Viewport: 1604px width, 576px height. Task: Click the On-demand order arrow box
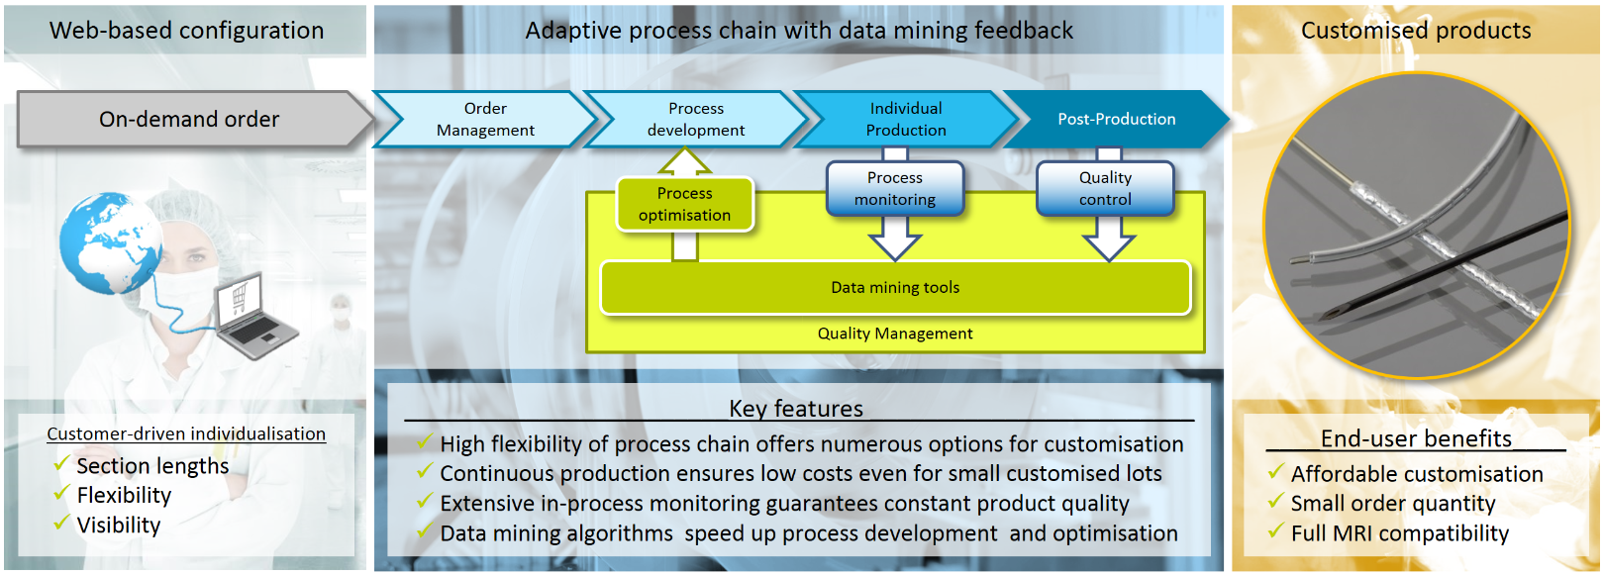[189, 120]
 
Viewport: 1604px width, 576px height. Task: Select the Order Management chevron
[485, 120]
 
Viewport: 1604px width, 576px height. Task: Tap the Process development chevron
[696, 120]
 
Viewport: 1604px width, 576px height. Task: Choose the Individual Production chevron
[906, 120]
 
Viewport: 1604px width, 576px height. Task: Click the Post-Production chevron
[1116, 120]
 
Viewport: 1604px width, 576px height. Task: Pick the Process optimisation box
[684, 204]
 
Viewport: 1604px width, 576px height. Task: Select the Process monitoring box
[894, 188]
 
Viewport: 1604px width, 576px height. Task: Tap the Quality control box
[1105, 188]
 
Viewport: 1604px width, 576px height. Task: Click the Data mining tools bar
[895, 288]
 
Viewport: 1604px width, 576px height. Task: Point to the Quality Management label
[895, 335]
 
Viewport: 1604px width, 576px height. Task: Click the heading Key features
[796, 409]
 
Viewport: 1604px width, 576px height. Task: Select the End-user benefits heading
[1416, 438]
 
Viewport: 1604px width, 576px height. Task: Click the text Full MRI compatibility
[1400, 533]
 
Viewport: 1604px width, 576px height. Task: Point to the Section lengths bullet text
[152, 466]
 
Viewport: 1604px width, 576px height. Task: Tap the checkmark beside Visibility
[61, 523]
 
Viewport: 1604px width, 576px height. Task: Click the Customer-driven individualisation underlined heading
[186, 433]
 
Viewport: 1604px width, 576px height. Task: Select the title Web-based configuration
[186, 31]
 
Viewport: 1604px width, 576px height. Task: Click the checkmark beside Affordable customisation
[1276, 472]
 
